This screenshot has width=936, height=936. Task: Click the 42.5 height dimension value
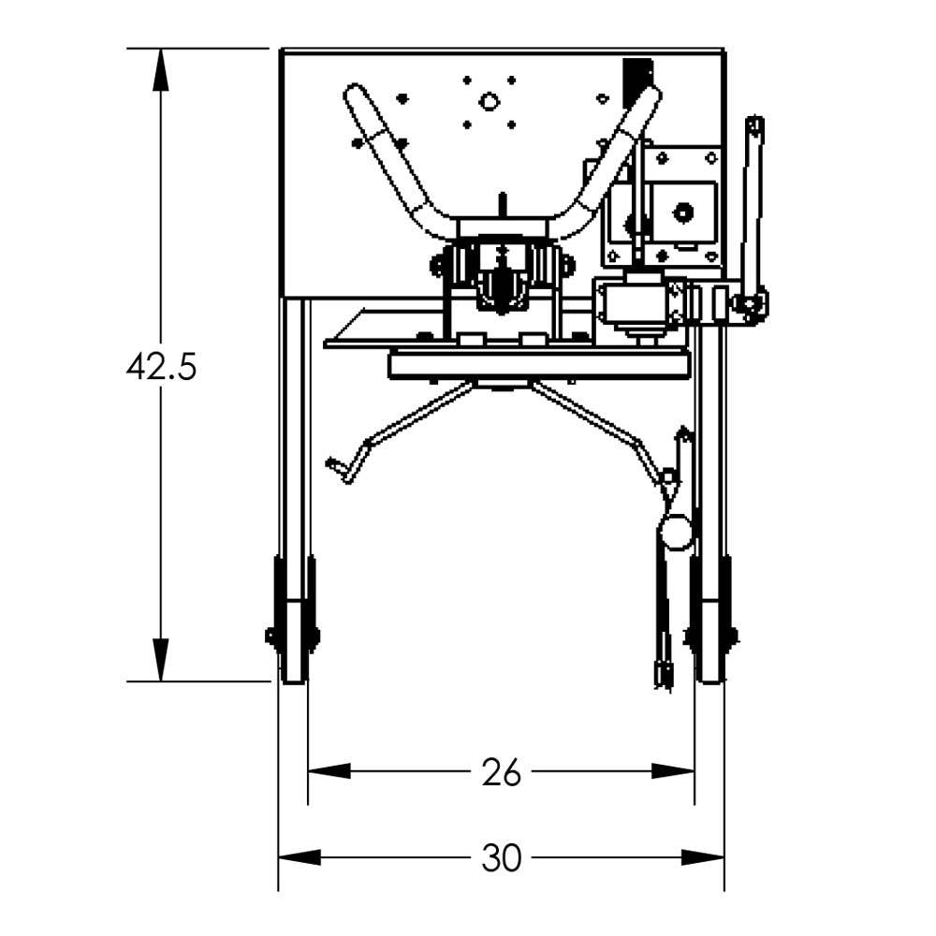tap(161, 367)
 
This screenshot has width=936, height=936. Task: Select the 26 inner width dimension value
tap(501, 772)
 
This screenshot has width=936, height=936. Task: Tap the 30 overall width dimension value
tap(501, 857)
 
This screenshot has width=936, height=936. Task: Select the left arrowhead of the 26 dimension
tap(329, 771)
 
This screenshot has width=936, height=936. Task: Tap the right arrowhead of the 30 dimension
tap(703, 857)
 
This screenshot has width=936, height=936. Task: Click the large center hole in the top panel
tap(488, 101)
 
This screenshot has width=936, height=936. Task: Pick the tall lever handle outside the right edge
tap(751, 206)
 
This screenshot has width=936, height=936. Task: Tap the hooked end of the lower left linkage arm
tap(342, 469)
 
